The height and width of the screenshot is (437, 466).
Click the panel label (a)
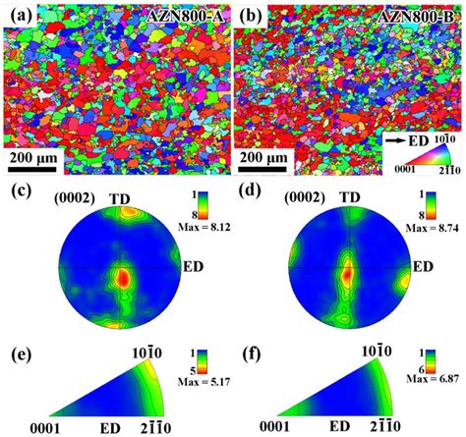point(18,14)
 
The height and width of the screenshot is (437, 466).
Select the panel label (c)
point(18,192)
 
